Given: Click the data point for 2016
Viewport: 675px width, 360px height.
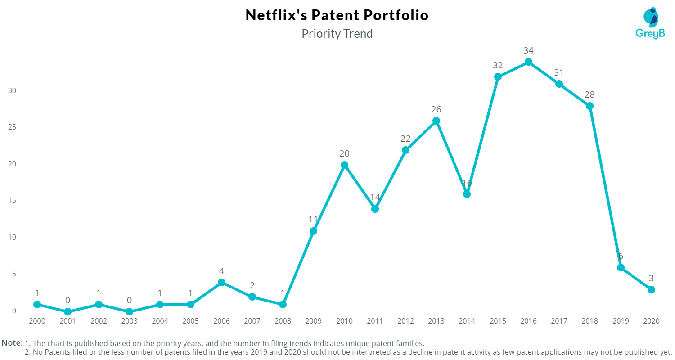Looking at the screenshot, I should pyautogui.click(x=528, y=62).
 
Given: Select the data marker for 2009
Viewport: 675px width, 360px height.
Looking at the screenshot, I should pyautogui.click(x=313, y=231).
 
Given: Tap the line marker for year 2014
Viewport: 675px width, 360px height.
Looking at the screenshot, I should pyautogui.click(x=467, y=194).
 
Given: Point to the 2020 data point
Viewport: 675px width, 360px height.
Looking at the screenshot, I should pyautogui.click(x=651, y=289).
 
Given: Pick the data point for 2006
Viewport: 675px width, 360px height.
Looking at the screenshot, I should pyautogui.click(x=221, y=283).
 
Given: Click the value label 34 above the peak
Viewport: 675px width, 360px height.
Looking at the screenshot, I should pyautogui.click(x=528, y=50).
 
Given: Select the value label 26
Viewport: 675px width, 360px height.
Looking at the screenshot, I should pyautogui.click(x=436, y=109).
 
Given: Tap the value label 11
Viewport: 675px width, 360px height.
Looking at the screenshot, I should pyautogui.click(x=313, y=220).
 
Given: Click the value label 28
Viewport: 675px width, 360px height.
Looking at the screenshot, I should pyautogui.click(x=589, y=94).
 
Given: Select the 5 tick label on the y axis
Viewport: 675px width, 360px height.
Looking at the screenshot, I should pyautogui.click(x=13, y=274).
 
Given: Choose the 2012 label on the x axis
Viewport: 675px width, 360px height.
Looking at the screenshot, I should pyautogui.click(x=405, y=321).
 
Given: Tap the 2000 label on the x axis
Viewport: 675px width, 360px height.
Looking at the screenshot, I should pyautogui.click(x=37, y=321).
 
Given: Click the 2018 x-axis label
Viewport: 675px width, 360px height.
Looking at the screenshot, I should pyautogui.click(x=589, y=321).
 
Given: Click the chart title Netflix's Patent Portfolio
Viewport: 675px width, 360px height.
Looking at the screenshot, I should pyautogui.click(x=337, y=15).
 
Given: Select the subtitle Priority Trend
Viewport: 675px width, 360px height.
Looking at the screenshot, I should pyautogui.click(x=337, y=34).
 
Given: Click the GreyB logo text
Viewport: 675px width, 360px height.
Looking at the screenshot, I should pyautogui.click(x=649, y=34).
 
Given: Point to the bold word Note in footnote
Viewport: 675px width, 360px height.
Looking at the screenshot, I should pyautogui.click(x=12, y=343).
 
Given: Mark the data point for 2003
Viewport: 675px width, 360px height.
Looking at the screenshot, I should pyautogui.click(x=129, y=312).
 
